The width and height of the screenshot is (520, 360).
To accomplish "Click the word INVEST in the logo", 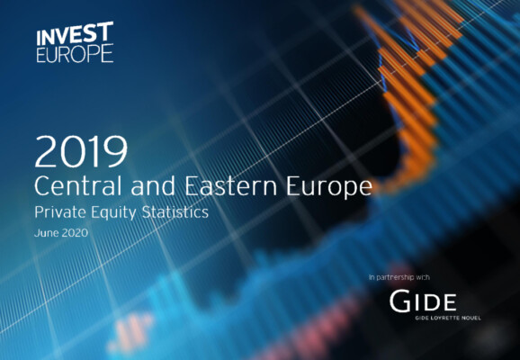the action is tap(75, 33).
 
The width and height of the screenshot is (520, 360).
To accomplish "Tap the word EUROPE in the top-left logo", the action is tap(75, 54).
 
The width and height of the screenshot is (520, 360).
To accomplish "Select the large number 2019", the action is tap(81, 151).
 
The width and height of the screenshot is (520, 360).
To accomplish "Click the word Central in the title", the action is tap(78, 185).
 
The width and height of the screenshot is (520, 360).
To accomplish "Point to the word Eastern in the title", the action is tap(231, 185).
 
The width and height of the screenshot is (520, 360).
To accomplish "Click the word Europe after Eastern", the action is tap(329, 188).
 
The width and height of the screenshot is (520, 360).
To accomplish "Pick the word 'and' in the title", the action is tap(153, 185).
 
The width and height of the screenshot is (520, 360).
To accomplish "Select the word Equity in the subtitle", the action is tap(113, 213).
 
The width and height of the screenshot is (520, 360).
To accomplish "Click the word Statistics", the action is tap(175, 212).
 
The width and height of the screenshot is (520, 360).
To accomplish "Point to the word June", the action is tap(47, 232).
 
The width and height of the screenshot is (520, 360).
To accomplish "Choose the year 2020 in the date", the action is tap(75, 232).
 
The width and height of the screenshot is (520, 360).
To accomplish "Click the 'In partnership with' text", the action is tap(399, 277).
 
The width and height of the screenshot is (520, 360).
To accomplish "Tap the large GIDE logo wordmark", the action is tap(423, 301).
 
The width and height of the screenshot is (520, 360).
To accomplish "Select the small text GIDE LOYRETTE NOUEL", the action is tap(448, 318).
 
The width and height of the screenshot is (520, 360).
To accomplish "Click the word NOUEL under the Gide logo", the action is tap(471, 318).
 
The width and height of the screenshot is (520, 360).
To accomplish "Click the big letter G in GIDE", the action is tap(399, 301).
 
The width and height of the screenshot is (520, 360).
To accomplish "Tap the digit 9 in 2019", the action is tap(117, 151).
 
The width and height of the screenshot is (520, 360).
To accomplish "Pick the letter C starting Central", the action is tap(40, 185).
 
